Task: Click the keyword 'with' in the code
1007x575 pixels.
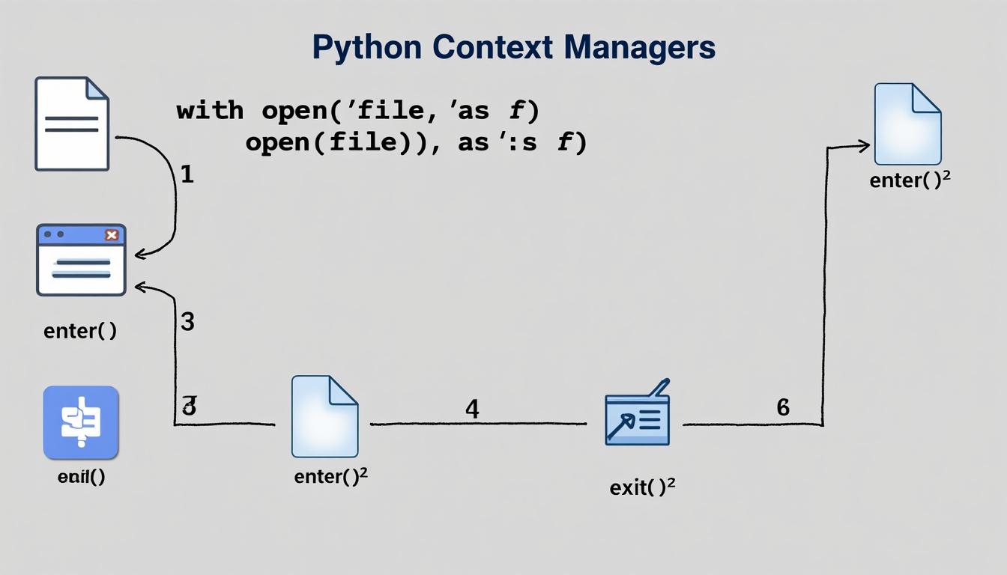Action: click(x=210, y=112)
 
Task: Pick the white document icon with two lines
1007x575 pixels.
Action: click(x=72, y=124)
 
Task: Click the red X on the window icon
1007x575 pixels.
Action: click(x=112, y=235)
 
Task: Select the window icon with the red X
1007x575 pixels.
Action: click(x=81, y=260)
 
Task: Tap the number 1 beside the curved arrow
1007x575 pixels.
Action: click(x=187, y=175)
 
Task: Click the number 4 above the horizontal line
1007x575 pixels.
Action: click(x=472, y=409)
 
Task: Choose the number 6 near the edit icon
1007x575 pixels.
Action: click(x=783, y=407)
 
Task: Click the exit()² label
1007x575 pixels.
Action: click(x=642, y=487)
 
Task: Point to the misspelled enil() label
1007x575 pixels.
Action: click(x=81, y=477)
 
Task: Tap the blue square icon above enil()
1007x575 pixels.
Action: click(x=81, y=422)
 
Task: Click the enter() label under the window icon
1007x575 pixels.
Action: click(x=80, y=331)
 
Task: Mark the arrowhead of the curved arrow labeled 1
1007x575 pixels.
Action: click(x=139, y=255)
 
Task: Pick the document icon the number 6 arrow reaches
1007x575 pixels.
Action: click(x=907, y=124)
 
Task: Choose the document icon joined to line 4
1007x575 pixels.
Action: click(x=324, y=416)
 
